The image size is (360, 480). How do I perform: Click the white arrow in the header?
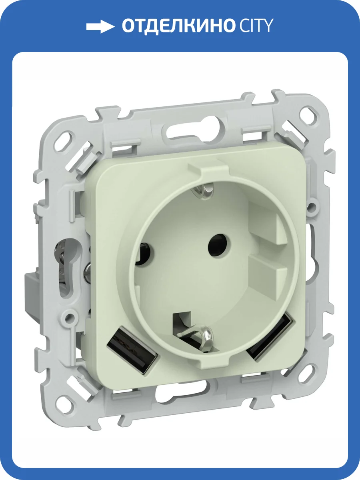coord(100,27)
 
